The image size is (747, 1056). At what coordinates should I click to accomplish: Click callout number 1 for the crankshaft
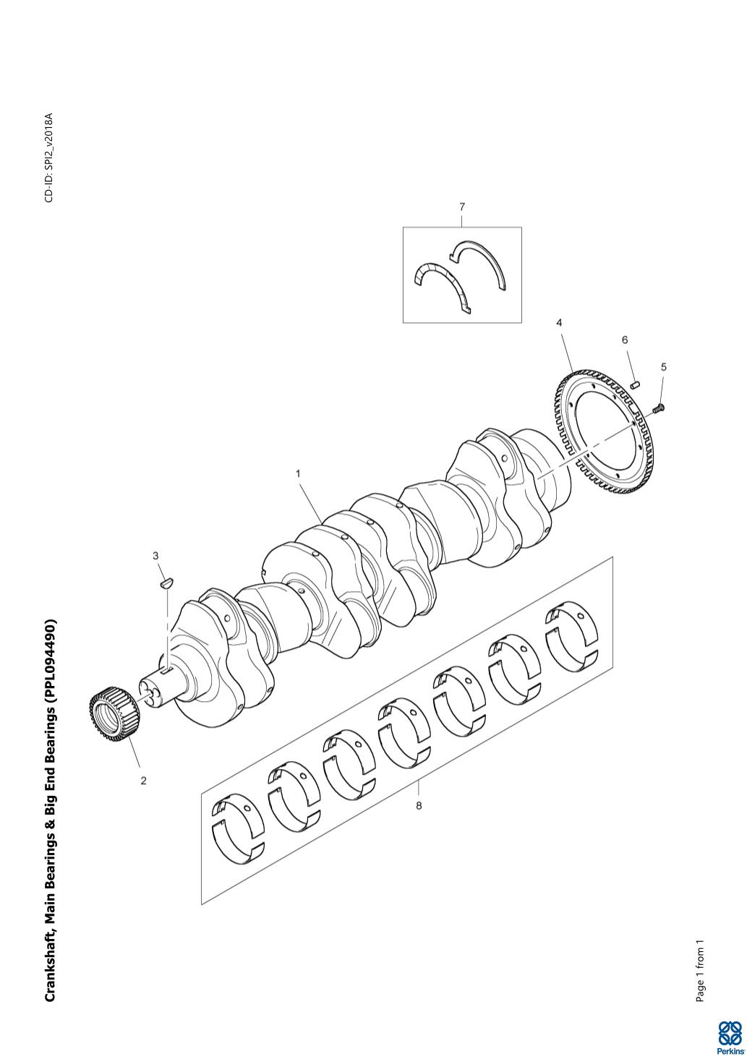tap(298, 473)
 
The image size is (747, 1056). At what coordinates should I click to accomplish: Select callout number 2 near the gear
tap(143, 781)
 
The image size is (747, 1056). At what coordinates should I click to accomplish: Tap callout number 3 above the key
tap(155, 556)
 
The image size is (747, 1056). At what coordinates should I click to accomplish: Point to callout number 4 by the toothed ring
tap(559, 323)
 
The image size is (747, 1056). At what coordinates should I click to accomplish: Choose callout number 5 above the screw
tap(664, 366)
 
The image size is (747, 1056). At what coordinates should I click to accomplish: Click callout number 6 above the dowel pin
tap(625, 340)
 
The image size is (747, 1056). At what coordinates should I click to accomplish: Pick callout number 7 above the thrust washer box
tap(462, 207)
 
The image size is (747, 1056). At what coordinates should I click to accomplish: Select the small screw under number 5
tap(658, 408)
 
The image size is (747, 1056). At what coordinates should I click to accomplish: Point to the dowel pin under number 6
tap(635, 385)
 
